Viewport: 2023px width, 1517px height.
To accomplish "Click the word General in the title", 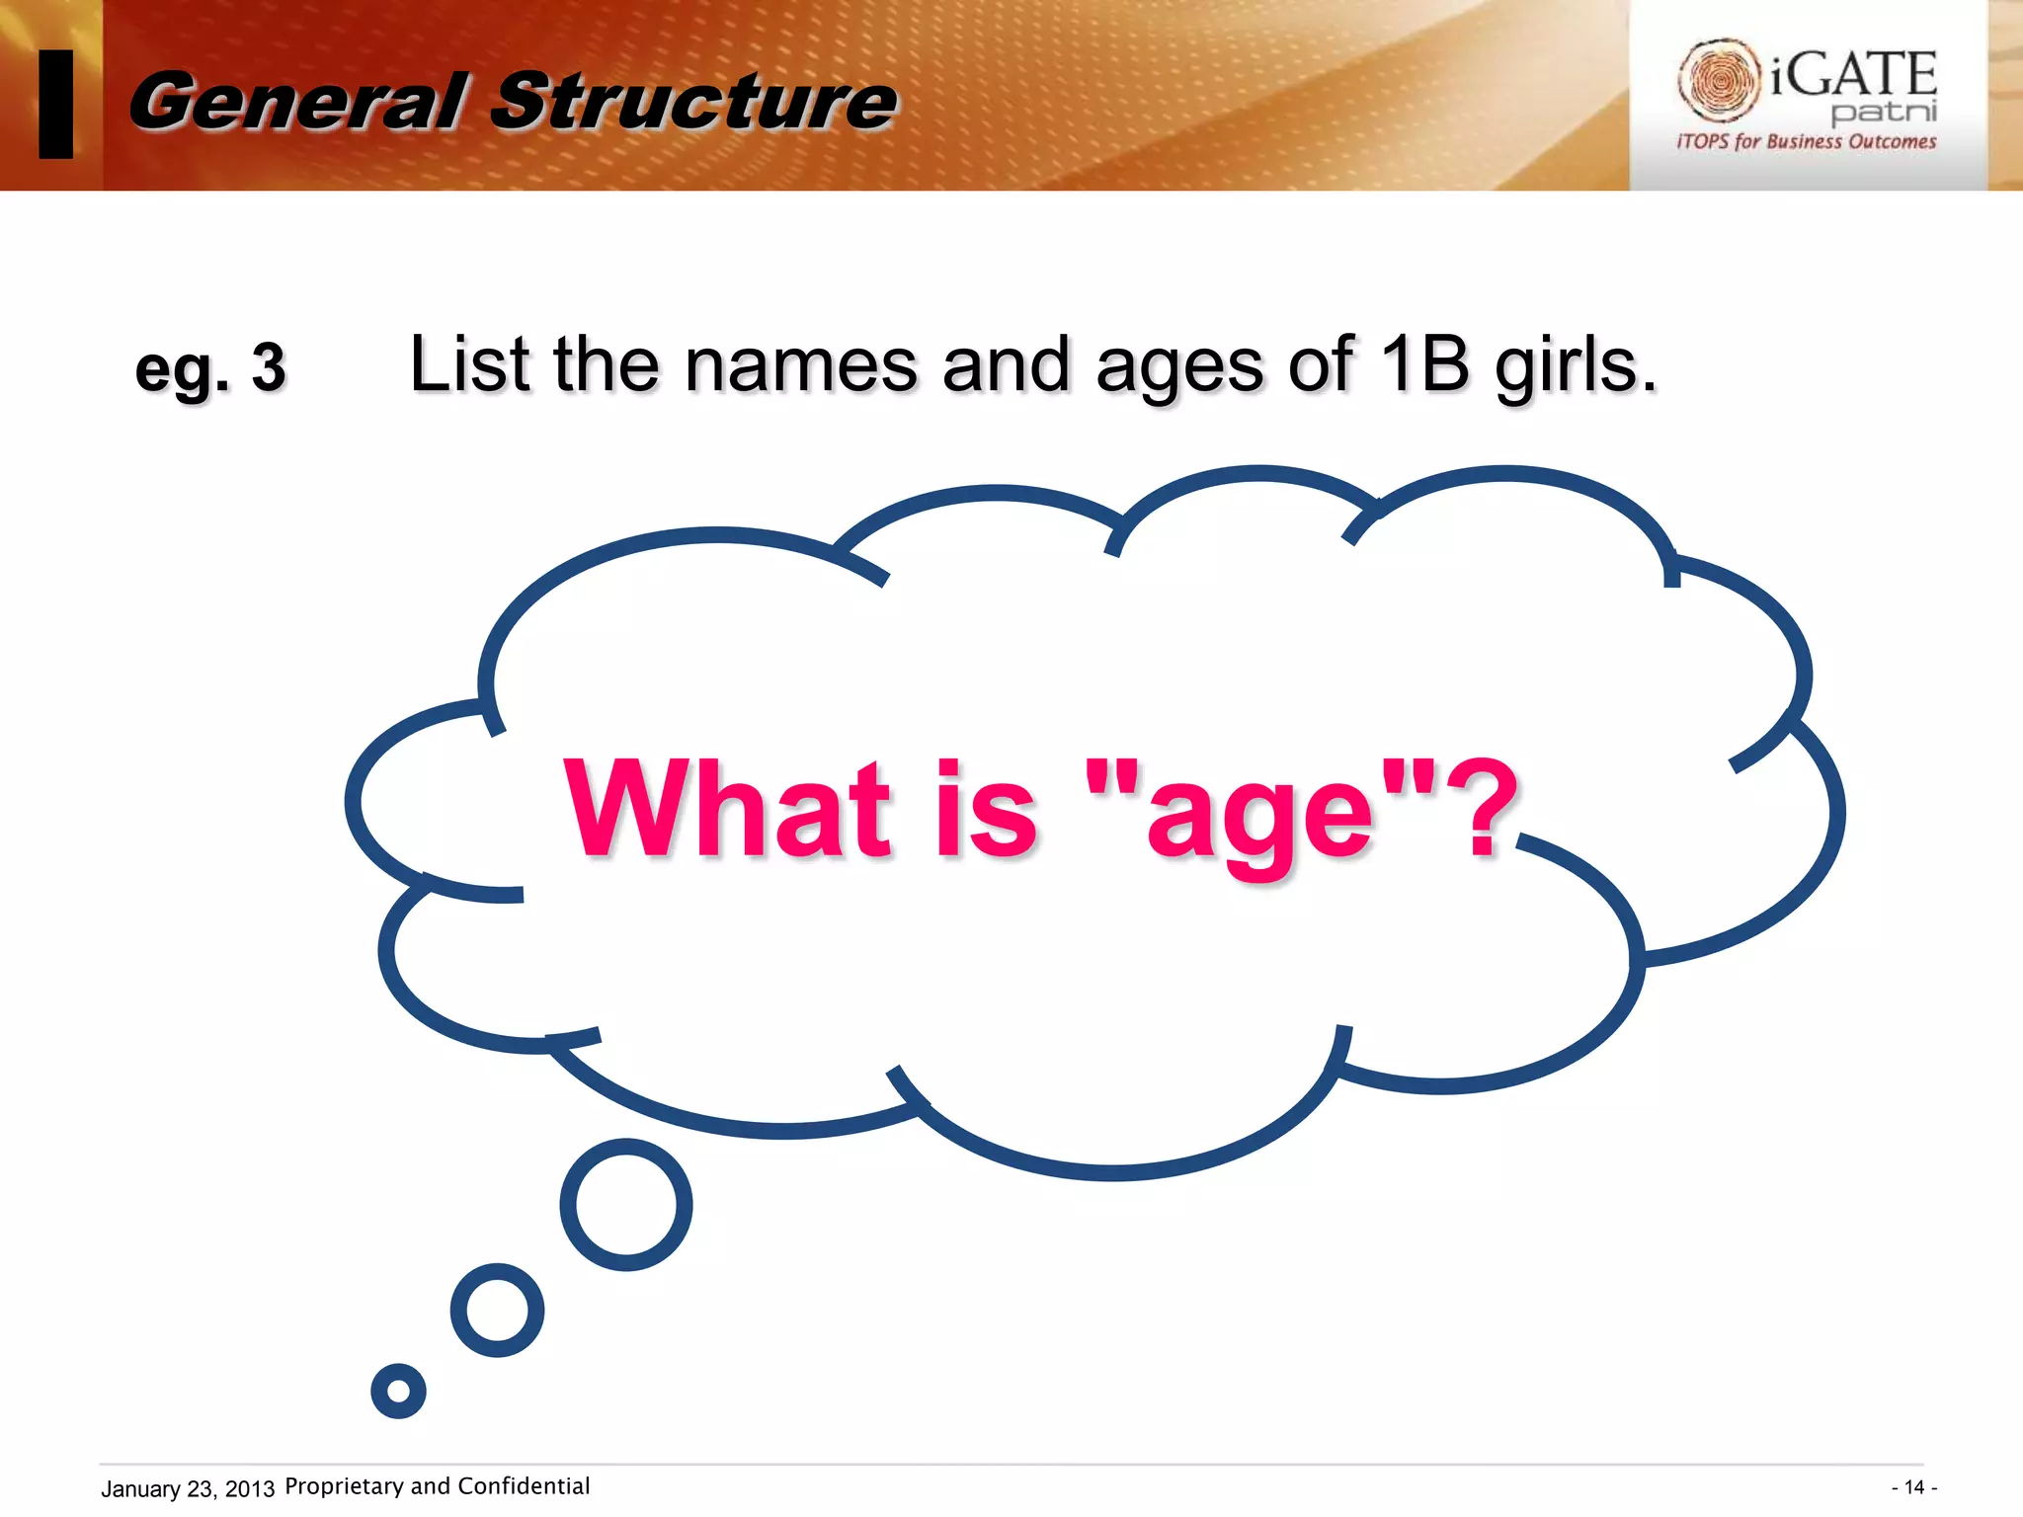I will [296, 101].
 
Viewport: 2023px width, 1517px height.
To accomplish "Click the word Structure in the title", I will [693, 101].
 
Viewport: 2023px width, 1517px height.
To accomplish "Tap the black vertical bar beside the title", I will [55, 104].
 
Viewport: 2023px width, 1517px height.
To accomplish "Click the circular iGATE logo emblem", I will [1719, 79].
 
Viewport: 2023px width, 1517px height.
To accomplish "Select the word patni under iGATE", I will [1884, 112].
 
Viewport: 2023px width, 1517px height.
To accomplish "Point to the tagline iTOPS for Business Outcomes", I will [1806, 141].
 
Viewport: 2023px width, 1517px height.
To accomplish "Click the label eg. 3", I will [210, 368].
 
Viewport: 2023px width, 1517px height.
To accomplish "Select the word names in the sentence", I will [800, 365].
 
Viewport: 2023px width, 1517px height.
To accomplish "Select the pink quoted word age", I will [1260, 816].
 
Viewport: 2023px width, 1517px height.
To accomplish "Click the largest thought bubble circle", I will [626, 1204].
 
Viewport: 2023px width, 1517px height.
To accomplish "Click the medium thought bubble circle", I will [497, 1310].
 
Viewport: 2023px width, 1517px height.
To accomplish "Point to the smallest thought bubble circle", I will [398, 1391].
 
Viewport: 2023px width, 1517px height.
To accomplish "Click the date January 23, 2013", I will [188, 1488].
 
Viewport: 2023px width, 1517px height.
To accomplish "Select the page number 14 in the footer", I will [1913, 1487].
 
